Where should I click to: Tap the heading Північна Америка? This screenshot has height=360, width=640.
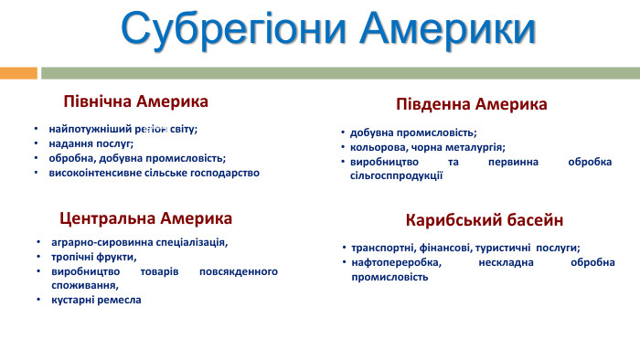click(135, 100)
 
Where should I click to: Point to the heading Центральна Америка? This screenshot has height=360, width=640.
click(145, 218)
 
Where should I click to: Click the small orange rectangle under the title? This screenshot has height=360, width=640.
click(18, 72)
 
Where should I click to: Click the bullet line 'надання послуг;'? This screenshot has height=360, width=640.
click(91, 143)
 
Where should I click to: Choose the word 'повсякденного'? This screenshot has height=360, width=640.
click(238, 271)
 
